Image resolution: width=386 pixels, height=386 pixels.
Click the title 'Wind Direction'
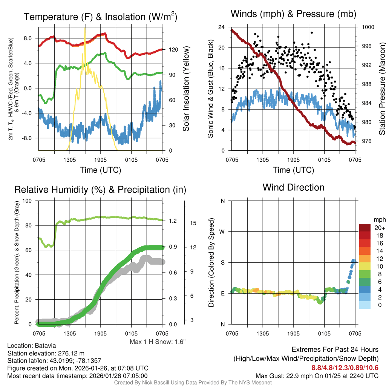[293, 187]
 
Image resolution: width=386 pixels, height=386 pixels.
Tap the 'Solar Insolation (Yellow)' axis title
[186, 89]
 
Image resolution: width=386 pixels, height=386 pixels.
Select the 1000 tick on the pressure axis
[367, 27]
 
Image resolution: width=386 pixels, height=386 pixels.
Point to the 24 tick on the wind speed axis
[221, 27]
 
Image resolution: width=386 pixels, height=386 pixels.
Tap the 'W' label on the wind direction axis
[222, 231]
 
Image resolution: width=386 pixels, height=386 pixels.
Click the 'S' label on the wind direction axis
[222, 262]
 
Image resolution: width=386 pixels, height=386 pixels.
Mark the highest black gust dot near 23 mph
[312, 33]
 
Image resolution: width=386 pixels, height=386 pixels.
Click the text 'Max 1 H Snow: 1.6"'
[158, 342]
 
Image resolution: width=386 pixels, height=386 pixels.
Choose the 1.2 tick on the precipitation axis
[173, 221]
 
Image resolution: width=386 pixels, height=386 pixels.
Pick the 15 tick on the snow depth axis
[193, 223]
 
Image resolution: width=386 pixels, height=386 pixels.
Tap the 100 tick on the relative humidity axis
[27, 201]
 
